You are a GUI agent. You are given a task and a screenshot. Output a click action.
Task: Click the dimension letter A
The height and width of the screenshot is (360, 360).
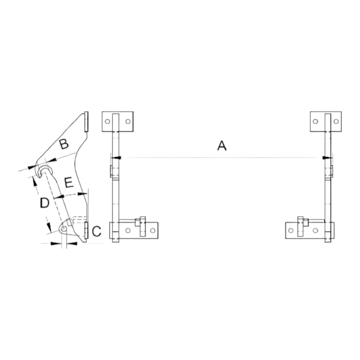[222, 146]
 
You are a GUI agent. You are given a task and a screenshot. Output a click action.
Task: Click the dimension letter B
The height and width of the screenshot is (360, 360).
[64, 144]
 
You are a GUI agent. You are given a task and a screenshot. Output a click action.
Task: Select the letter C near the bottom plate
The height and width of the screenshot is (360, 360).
[96, 231]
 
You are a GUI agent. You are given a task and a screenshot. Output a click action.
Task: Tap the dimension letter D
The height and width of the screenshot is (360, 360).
[45, 203]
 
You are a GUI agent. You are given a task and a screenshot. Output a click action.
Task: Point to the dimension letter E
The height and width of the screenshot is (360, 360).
[69, 183]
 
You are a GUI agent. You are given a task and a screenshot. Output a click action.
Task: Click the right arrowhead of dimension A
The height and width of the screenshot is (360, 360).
[327, 158]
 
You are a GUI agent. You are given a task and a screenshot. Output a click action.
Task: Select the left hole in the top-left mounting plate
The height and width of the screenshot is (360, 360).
[107, 121]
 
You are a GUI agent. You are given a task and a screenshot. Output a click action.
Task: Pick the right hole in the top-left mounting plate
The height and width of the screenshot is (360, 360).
[128, 121]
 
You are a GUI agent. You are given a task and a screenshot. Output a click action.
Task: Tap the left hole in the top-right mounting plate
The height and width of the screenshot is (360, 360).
[315, 121]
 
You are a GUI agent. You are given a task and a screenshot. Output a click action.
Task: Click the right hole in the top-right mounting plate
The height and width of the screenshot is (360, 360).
[336, 121]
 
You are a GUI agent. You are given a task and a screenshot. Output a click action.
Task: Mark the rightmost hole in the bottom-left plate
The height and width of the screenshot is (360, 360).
[153, 230]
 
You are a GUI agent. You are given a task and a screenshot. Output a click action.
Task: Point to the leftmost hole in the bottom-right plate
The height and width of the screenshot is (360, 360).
[291, 230]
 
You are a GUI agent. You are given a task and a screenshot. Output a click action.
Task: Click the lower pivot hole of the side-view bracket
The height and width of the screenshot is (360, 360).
[64, 229]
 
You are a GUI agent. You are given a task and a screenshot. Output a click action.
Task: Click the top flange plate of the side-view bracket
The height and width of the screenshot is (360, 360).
[86, 122]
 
